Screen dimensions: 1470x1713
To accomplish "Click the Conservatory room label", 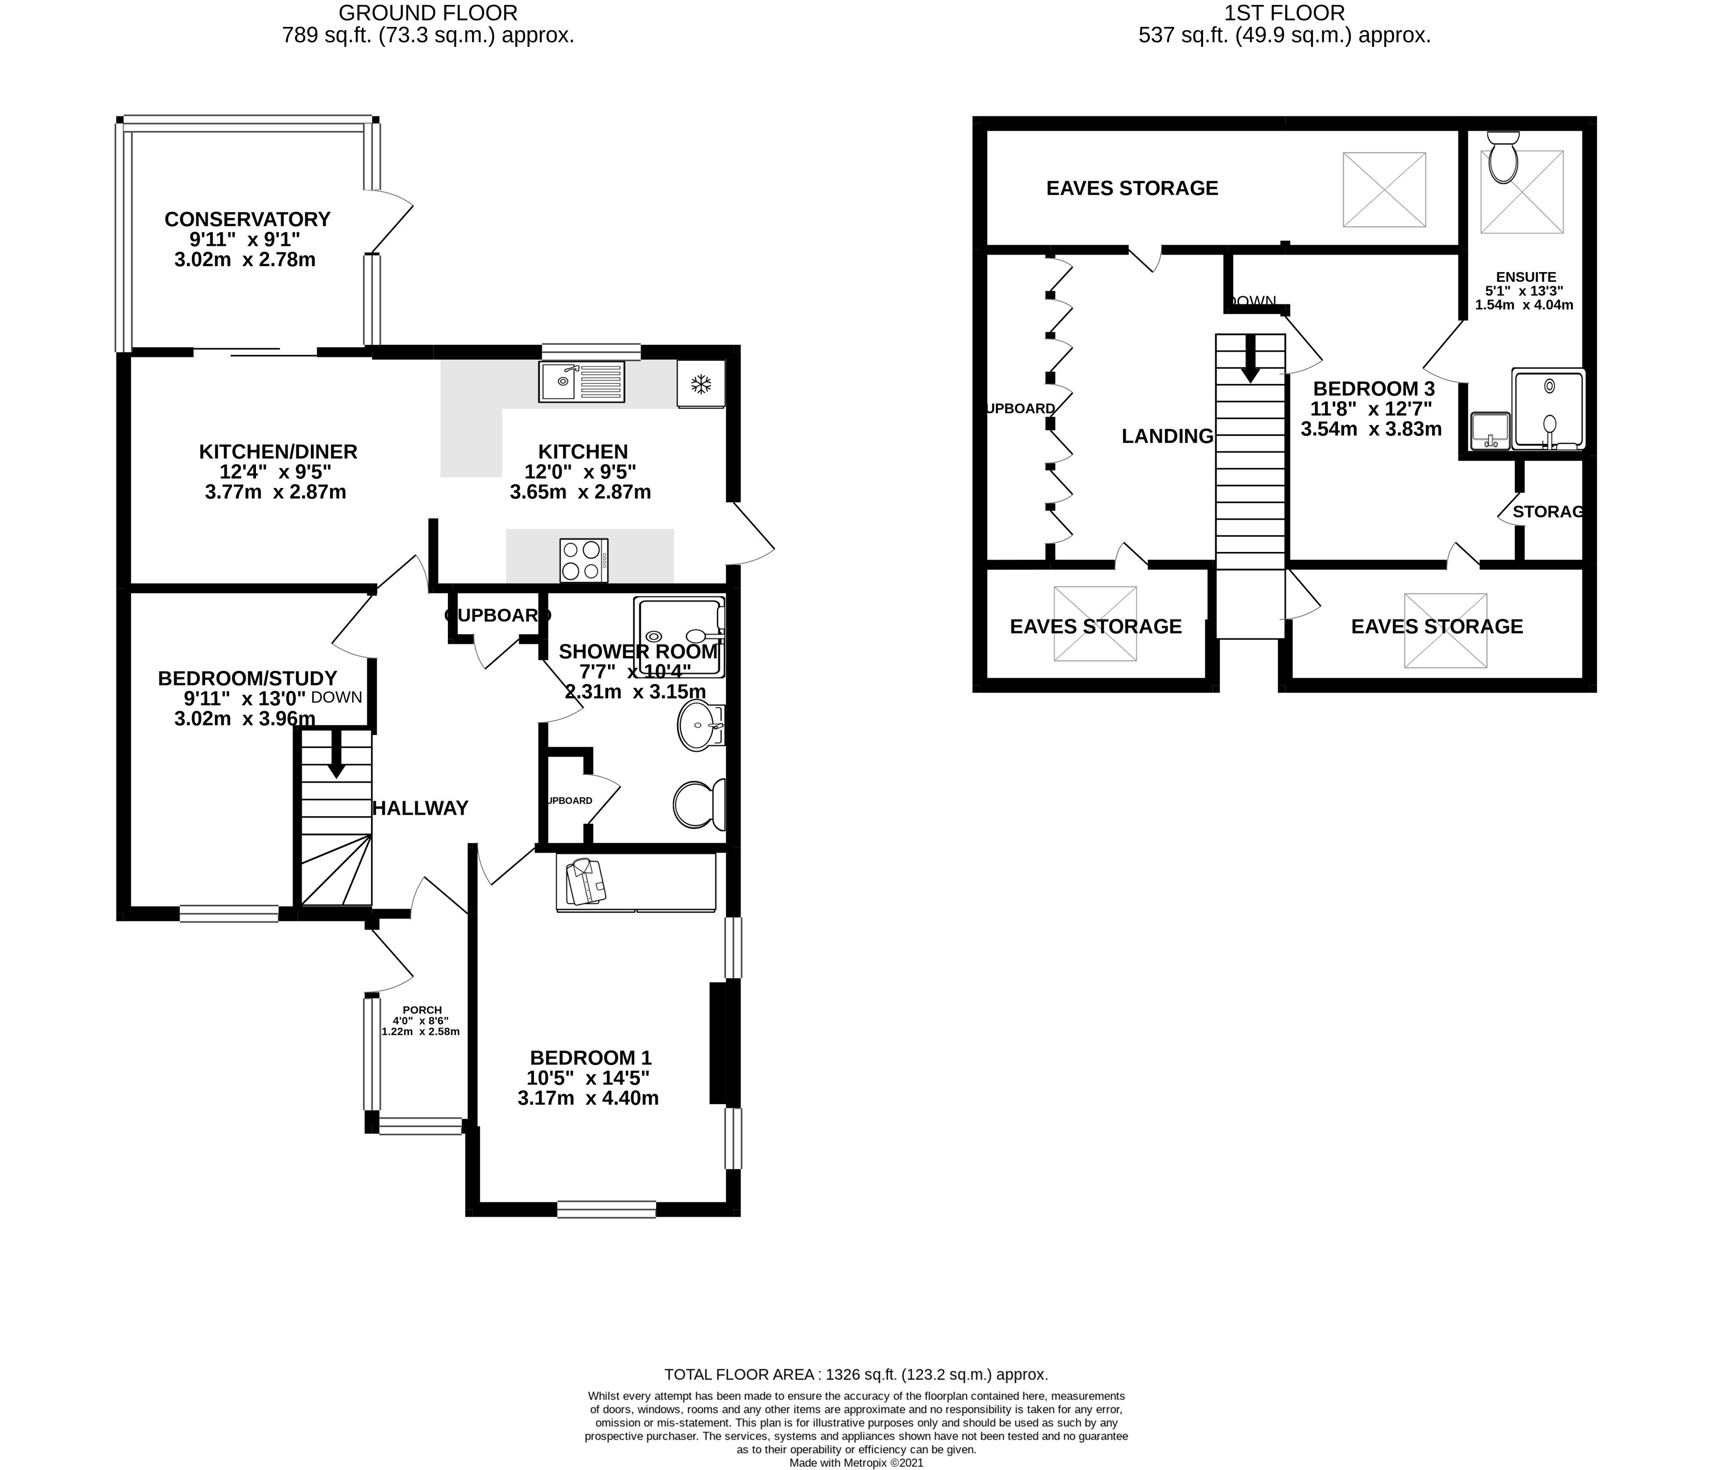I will point(247,219).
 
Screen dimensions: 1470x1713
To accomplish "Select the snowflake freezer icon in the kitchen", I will point(701,383).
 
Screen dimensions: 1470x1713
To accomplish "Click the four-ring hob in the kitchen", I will point(583,560).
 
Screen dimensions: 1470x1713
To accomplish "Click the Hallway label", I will point(420,808).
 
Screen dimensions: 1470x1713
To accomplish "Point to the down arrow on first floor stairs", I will point(1250,362).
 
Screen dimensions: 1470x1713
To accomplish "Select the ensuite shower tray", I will point(1547,410).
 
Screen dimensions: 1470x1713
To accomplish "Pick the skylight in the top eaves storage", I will point(1384,190).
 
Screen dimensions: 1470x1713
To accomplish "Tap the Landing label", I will point(1166,436).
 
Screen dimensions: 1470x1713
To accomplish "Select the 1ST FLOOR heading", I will point(1284,13).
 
